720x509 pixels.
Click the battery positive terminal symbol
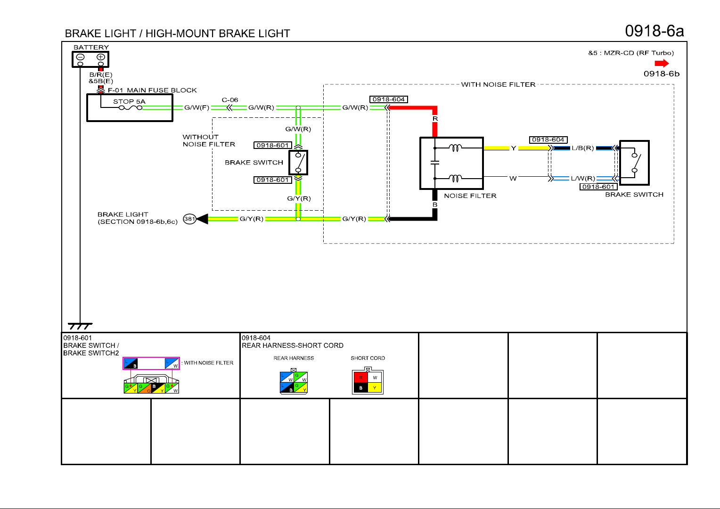(x=100, y=57)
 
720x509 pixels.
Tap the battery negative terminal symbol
(x=80, y=57)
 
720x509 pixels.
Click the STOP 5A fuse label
(x=129, y=101)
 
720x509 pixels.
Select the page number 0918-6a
(x=654, y=31)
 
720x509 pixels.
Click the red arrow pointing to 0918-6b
(x=662, y=63)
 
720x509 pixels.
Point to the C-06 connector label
(x=230, y=100)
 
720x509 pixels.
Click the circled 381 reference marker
(x=189, y=219)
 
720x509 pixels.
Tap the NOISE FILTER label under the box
(x=470, y=196)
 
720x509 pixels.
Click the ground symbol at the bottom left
(x=80, y=326)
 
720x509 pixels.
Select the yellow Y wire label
(x=514, y=148)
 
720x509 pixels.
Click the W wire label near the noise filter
(x=513, y=178)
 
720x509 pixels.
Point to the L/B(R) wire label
(x=582, y=148)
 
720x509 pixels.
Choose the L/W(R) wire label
(x=583, y=178)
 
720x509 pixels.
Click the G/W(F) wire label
(x=196, y=107)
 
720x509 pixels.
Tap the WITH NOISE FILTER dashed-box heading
(x=498, y=84)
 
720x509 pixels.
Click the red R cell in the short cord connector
(x=360, y=378)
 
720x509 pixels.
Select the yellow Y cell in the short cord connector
(x=375, y=388)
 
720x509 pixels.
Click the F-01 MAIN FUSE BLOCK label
(x=152, y=90)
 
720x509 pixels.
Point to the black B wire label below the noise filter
(x=435, y=205)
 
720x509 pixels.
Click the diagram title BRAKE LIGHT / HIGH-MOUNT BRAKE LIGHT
(x=177, y=33)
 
